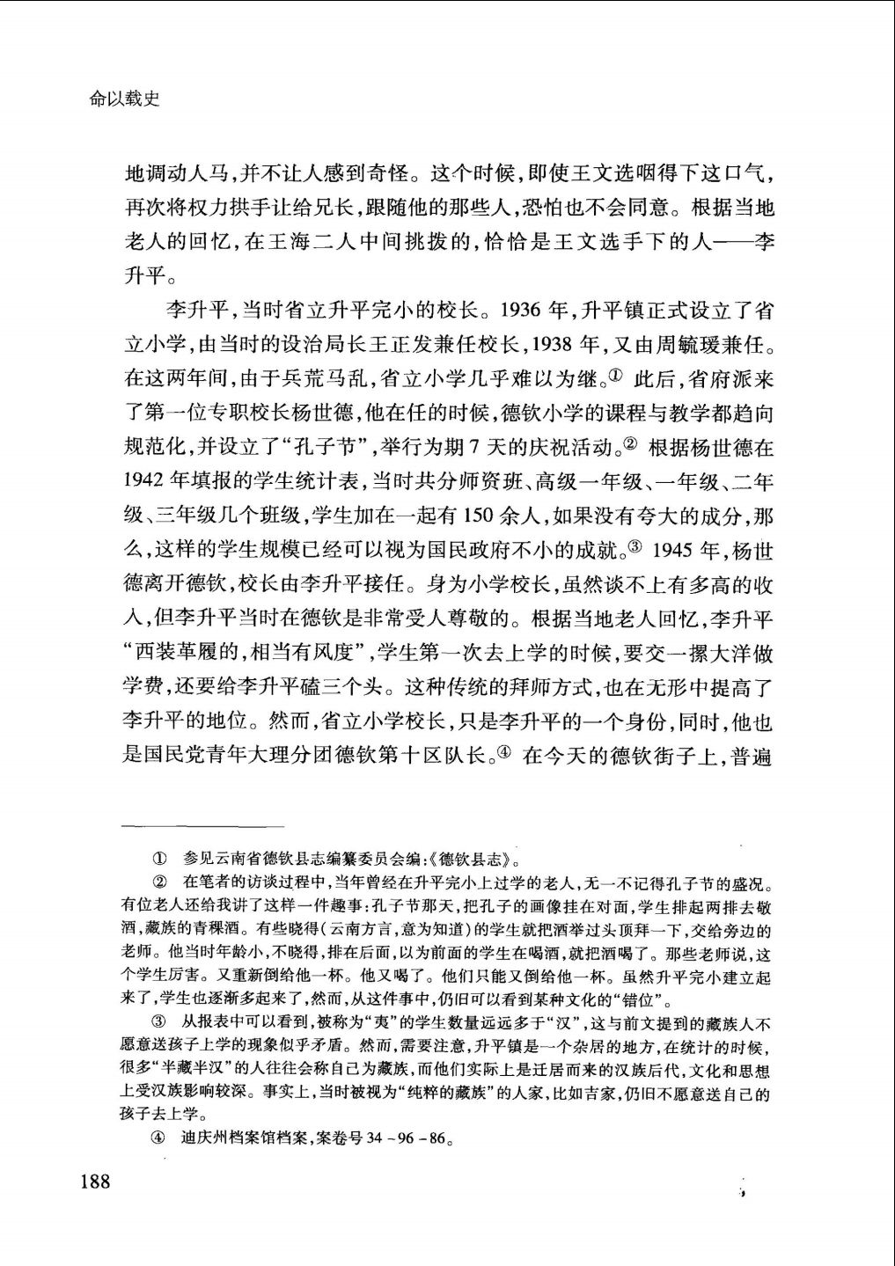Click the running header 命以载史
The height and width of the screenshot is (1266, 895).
(x=124, y=100)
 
